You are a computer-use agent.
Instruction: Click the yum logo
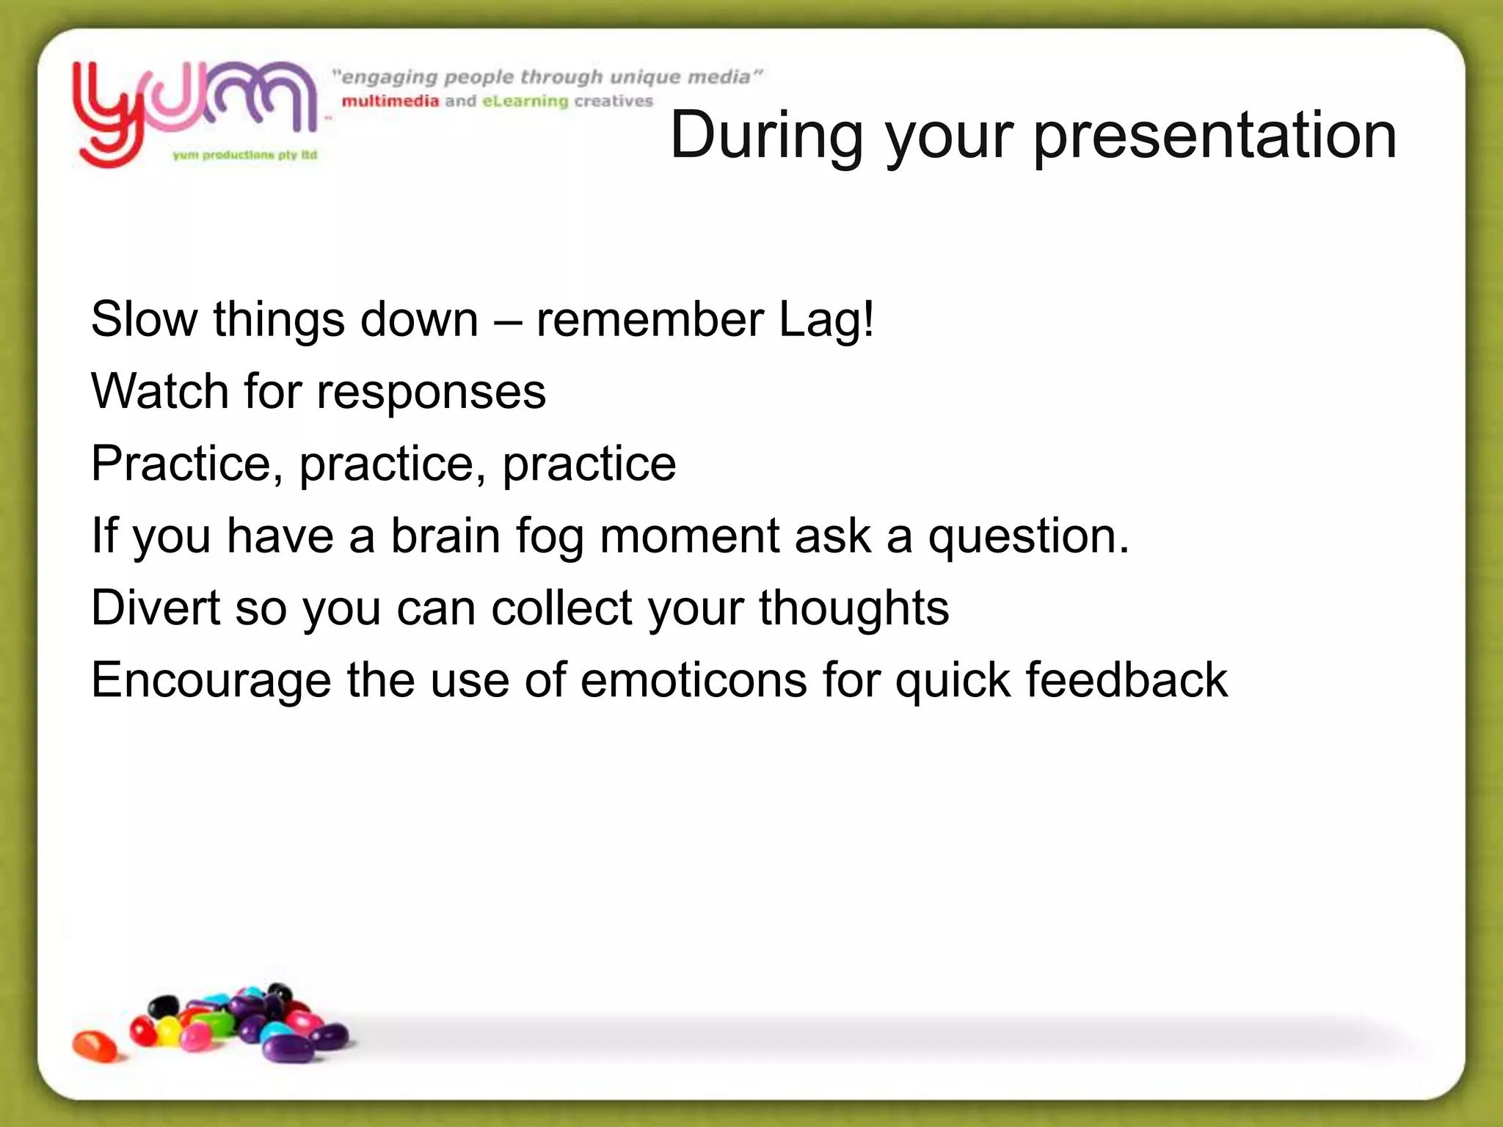[x=194, y=110]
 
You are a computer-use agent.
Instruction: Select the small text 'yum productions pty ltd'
[x=244, y=155]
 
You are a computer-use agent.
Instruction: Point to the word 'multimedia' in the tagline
[x=390, y=101]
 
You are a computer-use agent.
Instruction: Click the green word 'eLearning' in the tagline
[x=525, y=101]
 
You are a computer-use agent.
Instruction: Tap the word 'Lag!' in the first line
[x=826, y=320]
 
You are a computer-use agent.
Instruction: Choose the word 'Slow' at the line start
[x=145, y=320]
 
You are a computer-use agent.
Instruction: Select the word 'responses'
[x=431, y=393]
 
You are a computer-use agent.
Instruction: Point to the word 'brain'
[x=445, y=536]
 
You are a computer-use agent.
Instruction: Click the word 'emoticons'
[x=694, y=680]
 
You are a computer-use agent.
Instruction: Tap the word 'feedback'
[x=1127, y=680]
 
